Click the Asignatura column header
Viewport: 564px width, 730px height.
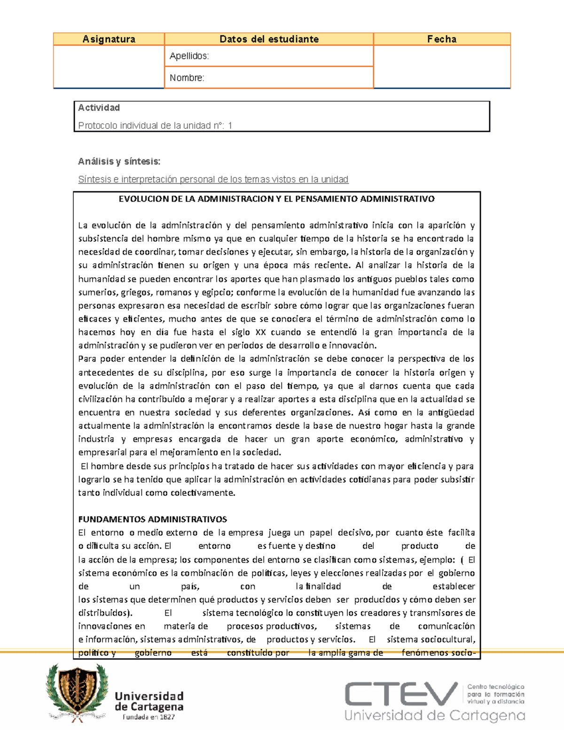click(109, 39)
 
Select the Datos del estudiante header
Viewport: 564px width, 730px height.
click(269, 39)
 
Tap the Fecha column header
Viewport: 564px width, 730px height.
click(441, 39)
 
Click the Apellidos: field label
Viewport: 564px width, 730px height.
click(189, 56)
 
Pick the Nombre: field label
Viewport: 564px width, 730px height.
click(187, 78)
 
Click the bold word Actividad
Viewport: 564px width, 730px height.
click(99, 108)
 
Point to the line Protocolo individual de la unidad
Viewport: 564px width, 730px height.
click(155, 126)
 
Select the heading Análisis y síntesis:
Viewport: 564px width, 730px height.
click(119, 161)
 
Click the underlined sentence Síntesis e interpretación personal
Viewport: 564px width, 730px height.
click(213, 179)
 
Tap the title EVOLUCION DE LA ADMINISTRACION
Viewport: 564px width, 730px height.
click(276, 199)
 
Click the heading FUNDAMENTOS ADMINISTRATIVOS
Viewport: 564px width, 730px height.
click(152, 519)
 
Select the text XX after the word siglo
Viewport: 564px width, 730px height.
click(260, 332)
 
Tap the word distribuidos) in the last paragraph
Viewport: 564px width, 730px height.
click(105, 613)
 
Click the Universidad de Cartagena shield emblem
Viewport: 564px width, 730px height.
click(78, 691)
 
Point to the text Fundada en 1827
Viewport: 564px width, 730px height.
click(149, 717)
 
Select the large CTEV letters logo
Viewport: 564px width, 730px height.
click(401, 694)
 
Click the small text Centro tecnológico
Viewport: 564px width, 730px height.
click(495, 687)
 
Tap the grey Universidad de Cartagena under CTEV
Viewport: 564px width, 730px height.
click(434, 716)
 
